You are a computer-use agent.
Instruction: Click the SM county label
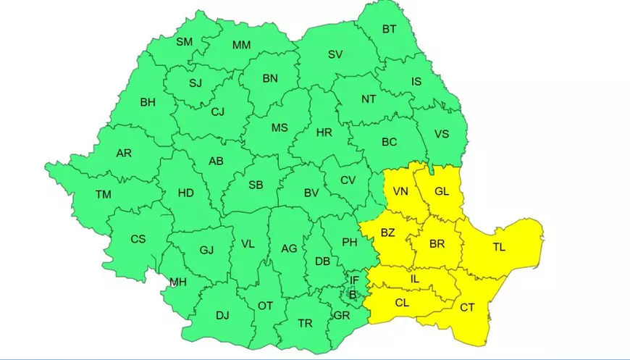(185, 42)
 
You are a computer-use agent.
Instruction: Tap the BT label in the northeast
(389, 30)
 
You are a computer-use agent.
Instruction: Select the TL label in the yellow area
(499, 247)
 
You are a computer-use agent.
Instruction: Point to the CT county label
(467, 308)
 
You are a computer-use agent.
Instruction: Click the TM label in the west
(104, 194)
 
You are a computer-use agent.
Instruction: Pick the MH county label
(178, 282)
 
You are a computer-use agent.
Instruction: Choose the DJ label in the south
(222, 315)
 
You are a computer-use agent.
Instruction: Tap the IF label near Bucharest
(354, 280)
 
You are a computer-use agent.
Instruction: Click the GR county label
(342, 316)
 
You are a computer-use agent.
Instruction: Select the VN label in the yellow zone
(400, 192)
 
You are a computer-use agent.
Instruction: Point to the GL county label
(442, 192)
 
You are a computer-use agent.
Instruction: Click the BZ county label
(387, 233)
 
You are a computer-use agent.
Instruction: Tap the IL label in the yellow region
(415, 277)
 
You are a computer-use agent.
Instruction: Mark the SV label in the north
(335, 54)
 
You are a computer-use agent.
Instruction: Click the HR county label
(324, 133)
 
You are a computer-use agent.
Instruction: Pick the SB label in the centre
(256, 185)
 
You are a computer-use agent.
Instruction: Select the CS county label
(138, 239)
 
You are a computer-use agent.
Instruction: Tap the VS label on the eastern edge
(441, 134)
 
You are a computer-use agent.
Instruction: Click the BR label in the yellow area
(437, 244)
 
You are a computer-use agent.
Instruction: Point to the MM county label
(241, 45)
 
